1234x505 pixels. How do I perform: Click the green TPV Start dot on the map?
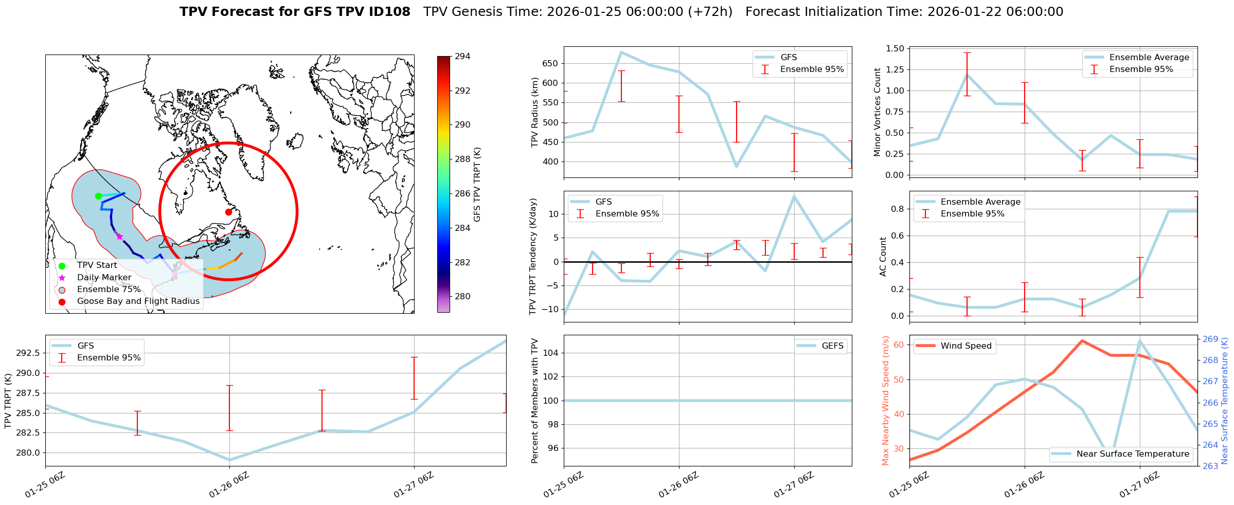[x=98, y=196]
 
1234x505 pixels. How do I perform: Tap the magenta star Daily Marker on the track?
[x=119, y=237]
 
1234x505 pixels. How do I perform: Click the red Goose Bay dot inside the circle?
[x=228, y=212]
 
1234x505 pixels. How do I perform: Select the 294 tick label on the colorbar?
[x=462, y=57]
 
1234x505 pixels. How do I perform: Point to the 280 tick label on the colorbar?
[x=462, y=296]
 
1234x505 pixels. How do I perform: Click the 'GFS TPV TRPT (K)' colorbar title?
[x=477, y=185]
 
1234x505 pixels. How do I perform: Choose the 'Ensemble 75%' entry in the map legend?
[x=109, y=289]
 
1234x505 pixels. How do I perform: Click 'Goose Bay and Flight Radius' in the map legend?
[x=138, y=301]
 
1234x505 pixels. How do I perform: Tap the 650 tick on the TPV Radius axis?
[x=550, y=64]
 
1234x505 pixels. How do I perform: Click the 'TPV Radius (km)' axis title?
[x=535, y=112]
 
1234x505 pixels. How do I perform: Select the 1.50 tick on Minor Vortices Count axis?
[x=895, y=48]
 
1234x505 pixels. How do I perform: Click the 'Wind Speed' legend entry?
[x=965, y=346]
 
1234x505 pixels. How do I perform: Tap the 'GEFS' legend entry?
[x=832, y=346]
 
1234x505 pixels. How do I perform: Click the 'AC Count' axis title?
[x=883, y=257]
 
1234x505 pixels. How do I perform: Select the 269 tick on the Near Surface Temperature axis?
[x=1210, y=339]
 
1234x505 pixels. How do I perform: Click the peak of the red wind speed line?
[x=1082, y=340]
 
